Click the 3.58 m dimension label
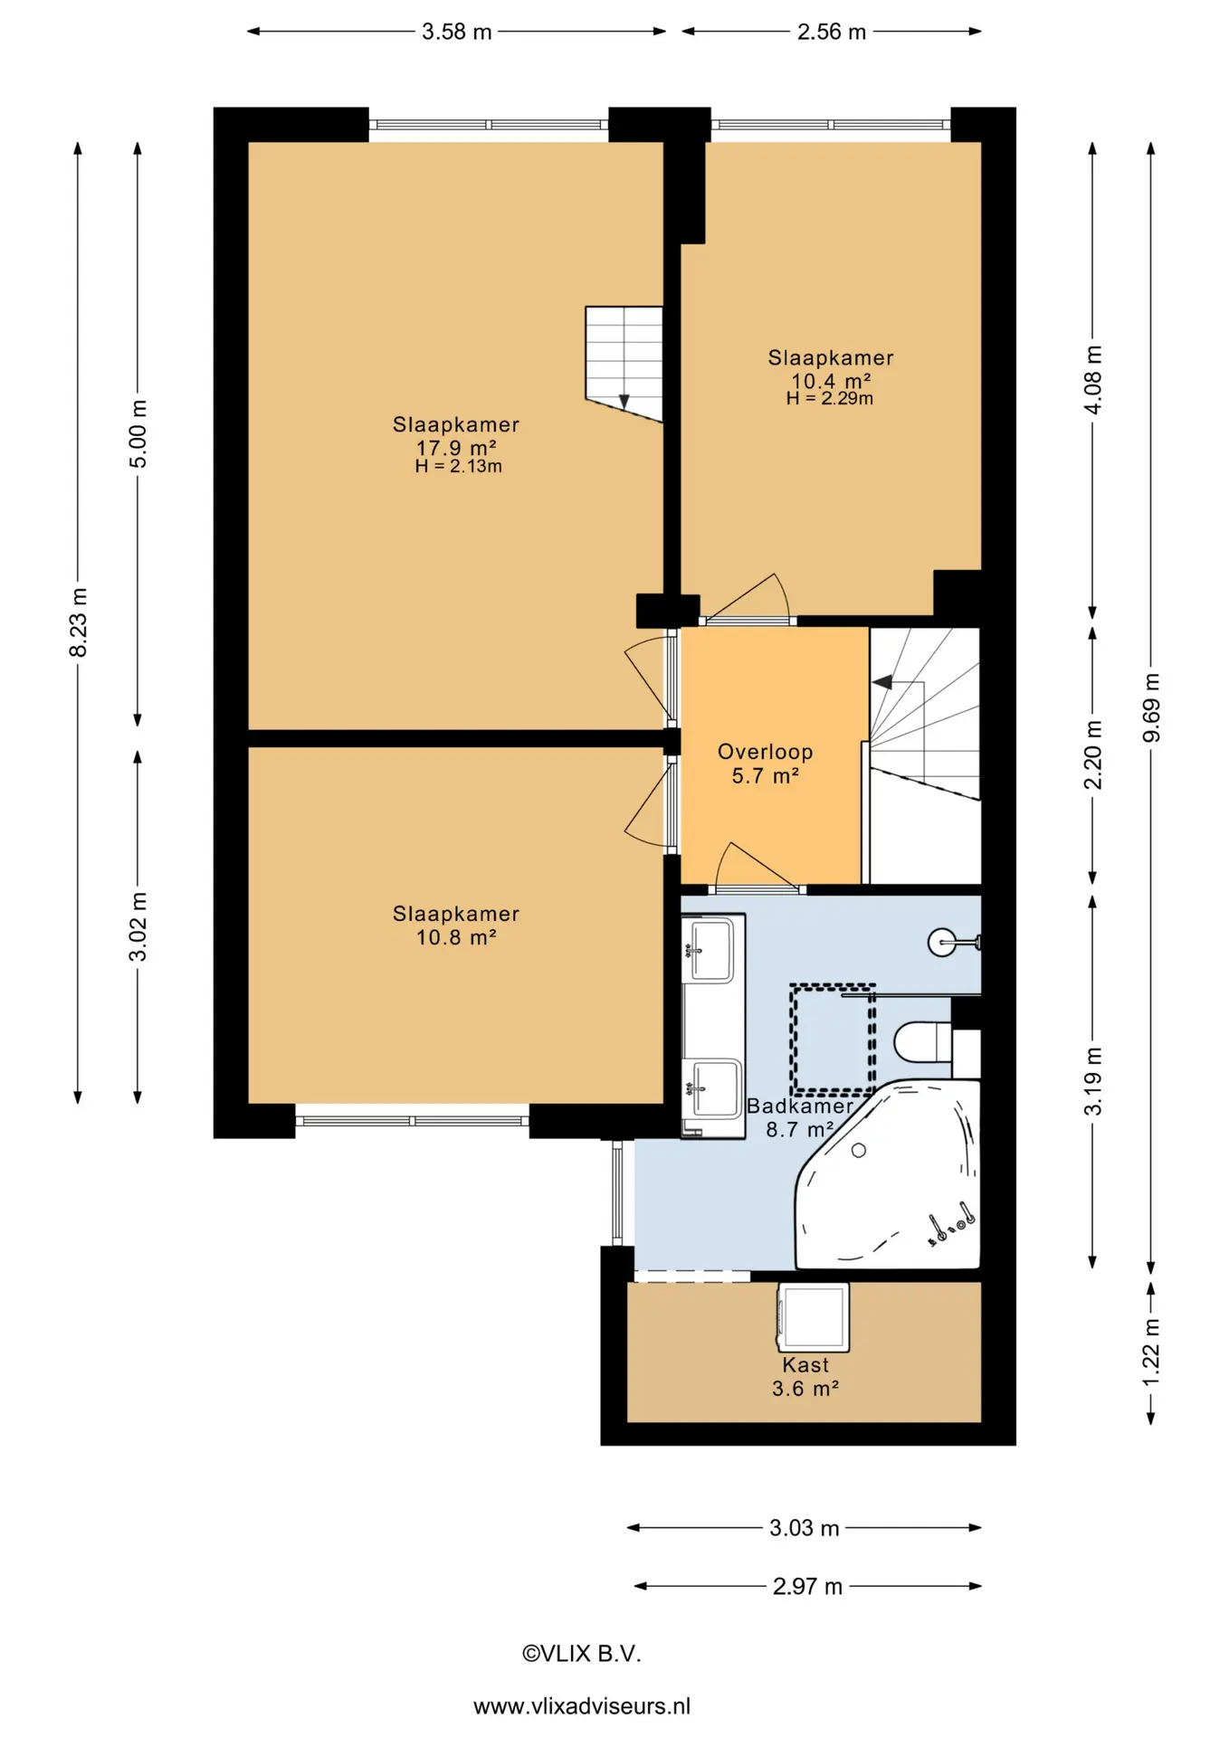pos(457,32)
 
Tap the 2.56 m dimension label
pos(832,32)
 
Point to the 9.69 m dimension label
pos(1151,707)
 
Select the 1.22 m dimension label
pos(1151,1353)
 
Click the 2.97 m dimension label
pos(807,1586)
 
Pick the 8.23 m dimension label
pos(79,622)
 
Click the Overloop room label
pos(766,752)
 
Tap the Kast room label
pos(805,1365)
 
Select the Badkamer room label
pos(800,1106)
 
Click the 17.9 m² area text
pos(456,448)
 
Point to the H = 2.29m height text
pos(830,399)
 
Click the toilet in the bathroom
pos(923,1043)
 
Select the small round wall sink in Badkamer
pos(942,943)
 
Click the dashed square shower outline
pos(833,1038)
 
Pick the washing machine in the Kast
pos(813,1317)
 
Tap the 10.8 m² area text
pos(456,937)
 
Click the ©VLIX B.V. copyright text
pos(582,1654)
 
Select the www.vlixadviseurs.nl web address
pos(582,1706)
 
